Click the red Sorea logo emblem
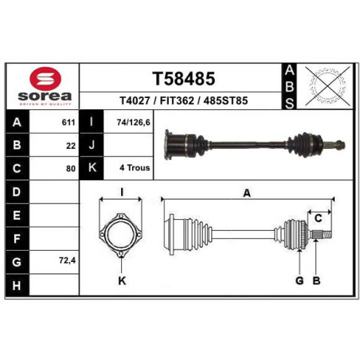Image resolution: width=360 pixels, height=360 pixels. [x=45, y=79]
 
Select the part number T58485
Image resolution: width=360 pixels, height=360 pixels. [x=183, y=79]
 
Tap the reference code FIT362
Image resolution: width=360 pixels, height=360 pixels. [x=177, y=100]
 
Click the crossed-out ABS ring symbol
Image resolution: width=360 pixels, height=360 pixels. [x=327, y=86]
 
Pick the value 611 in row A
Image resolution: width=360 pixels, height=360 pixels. [x=68, y=123]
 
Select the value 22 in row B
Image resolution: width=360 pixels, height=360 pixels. [x=71, y=146]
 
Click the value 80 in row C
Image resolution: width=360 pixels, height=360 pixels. [x=71, y=169]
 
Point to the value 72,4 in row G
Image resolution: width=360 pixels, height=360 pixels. [x=68, y=260]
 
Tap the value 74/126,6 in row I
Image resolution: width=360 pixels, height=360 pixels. [x=133, y=123]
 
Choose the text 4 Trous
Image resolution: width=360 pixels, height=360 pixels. [x=135, y=168]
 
